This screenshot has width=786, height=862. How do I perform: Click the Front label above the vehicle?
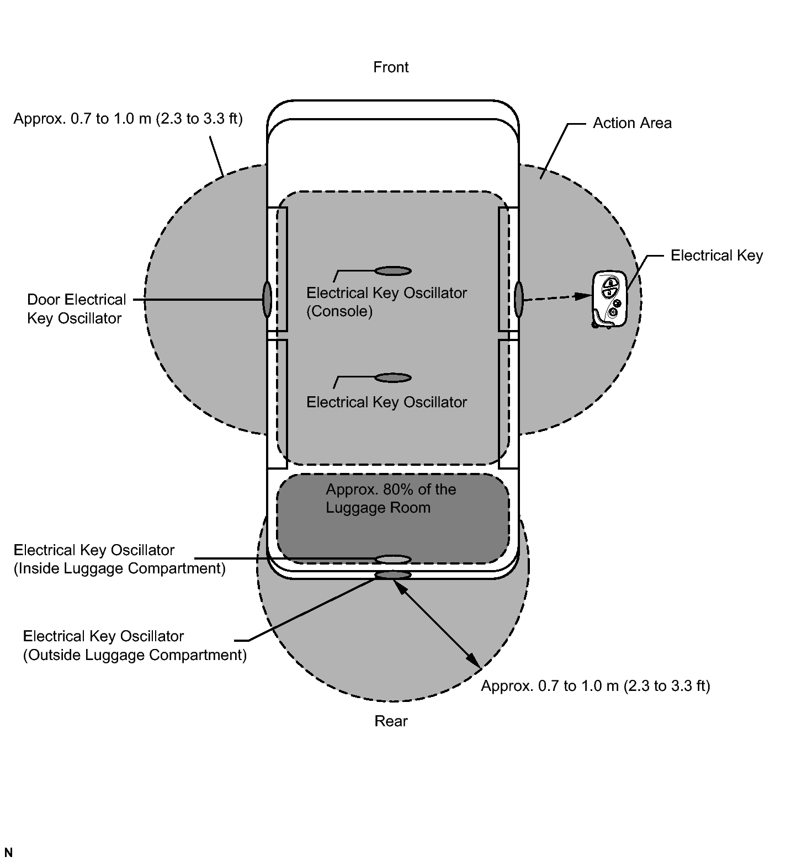(391, 67)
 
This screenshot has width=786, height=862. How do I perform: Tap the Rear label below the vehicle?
(391, 721)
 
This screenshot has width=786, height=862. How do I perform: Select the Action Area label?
(632, 123)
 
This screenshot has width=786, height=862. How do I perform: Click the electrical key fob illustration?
(609, 300)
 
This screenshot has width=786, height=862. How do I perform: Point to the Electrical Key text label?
(716, 256)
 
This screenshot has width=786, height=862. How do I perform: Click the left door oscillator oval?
(267, 300)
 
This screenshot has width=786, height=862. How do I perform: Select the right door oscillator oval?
(519, 300)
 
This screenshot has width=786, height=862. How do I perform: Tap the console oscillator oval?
(393, 271)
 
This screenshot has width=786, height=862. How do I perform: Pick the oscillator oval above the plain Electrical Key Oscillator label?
(393, 378)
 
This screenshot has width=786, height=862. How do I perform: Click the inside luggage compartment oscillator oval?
(393, 560)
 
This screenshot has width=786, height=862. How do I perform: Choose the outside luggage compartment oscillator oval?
(393, 576)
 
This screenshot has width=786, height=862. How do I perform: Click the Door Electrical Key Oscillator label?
(76, 309)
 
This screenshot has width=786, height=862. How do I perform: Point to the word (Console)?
(339, 311)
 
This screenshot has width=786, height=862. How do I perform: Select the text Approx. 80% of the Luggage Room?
(390, 498)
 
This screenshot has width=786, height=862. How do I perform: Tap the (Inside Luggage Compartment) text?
(119, 568)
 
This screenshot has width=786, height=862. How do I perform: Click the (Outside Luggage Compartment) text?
(135, 655)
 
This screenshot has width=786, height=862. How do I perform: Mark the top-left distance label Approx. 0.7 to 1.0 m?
(128, 119)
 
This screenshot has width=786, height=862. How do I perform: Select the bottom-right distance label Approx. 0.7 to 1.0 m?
(595, 686)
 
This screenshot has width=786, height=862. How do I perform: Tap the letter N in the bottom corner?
(8, 853)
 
